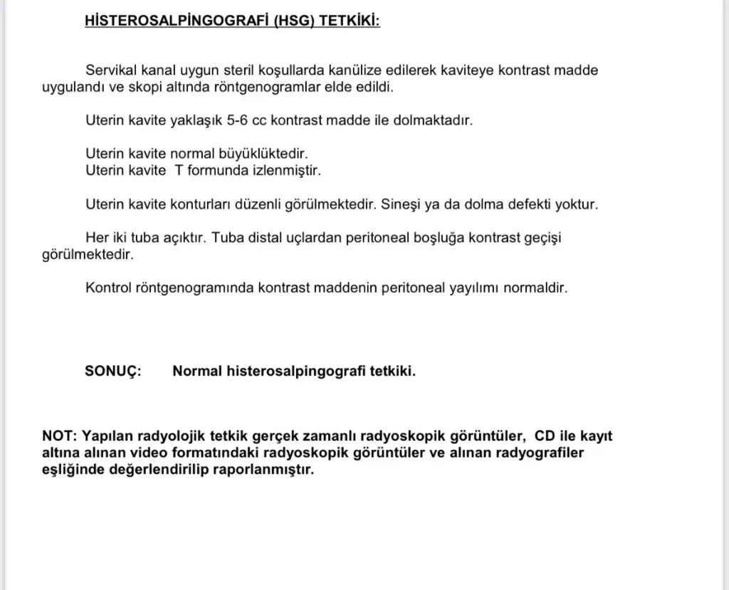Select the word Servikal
(110, 70)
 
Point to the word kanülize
(359, 70)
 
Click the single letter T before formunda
(179, 171)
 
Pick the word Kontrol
(107, 288)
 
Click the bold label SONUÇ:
(113, 371)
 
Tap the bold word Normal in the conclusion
(197, 371)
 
